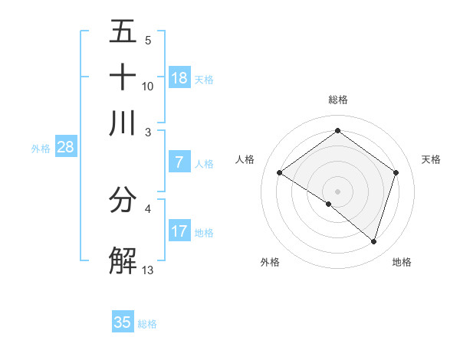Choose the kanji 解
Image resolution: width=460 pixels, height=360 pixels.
(x=123, y=260)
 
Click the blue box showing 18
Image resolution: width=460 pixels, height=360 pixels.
(x=179, y=78)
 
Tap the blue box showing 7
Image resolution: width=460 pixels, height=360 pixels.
(x=179, y=162)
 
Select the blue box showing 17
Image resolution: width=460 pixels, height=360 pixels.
(x=179, y=231)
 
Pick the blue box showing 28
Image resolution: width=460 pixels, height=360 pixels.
(x=65, y=148)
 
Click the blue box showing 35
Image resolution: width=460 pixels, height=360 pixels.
(x=123, y=322)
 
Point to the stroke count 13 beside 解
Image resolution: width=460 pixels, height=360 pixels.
(x=148, y=269)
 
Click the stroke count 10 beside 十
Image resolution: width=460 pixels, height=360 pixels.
(x=148, y=86)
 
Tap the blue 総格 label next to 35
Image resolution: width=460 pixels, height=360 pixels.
(x=147, y=324)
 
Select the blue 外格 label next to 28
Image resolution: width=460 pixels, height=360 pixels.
(x=41, y=149)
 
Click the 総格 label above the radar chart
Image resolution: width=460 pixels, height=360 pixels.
(x=338, y=100)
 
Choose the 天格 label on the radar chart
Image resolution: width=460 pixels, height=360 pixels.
(x=431, y=159)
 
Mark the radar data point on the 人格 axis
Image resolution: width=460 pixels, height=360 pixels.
(x=280, y=173)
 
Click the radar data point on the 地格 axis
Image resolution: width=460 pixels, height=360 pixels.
(x=373, y=241)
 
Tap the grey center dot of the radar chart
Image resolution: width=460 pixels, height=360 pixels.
(x=337, y=191)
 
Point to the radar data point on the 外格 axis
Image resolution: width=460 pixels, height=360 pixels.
(x=329, y=204)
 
